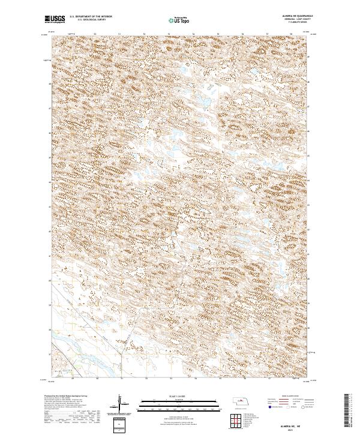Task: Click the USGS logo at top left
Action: (55, 19)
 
